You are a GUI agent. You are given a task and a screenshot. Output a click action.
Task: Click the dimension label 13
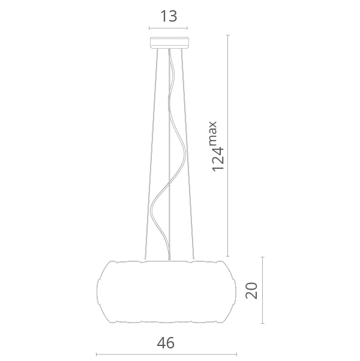(x=169, y=16)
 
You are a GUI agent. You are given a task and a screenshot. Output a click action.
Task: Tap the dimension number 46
(x=166, y=343)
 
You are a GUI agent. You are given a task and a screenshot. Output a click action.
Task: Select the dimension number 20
(x=251, y=290)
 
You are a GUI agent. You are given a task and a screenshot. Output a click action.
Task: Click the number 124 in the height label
(x=217, y=159)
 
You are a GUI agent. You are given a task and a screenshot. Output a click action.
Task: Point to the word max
(x=213, y=133)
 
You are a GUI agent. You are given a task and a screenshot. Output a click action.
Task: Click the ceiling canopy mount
(x=169, y=43)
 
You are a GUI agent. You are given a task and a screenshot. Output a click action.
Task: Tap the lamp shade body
(x=166, y=292)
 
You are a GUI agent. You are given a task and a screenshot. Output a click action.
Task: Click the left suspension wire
(x=151, y=154)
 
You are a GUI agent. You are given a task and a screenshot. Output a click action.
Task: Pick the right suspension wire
(x=187, y=154)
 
